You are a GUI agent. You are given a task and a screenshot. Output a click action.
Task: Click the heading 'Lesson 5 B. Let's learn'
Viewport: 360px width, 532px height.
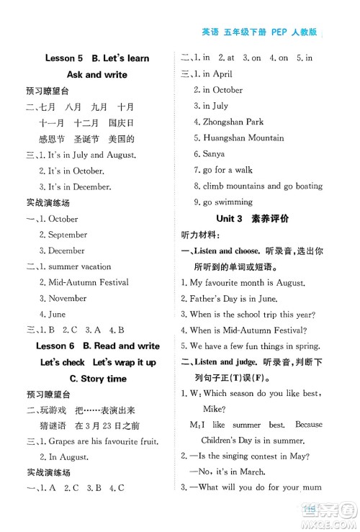[96, 58]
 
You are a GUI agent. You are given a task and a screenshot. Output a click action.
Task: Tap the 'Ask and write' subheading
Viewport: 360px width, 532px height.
[96, 74]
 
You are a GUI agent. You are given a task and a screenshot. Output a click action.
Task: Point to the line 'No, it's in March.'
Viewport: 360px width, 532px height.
[236, 472]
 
